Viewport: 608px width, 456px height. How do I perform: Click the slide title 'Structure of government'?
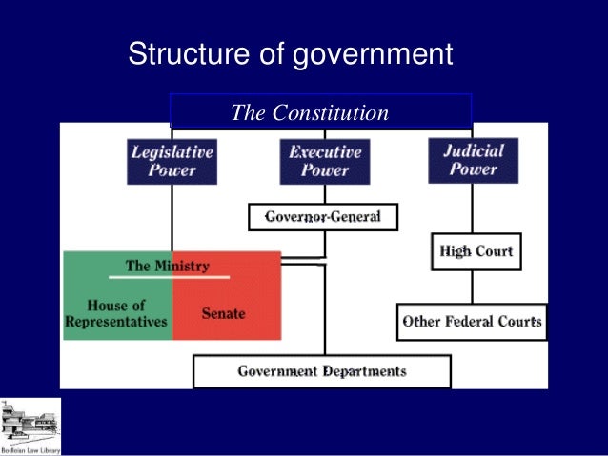(290, 54)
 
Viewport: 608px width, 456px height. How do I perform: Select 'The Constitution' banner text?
(310, 113)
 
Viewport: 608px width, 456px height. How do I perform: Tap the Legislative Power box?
(172, 161)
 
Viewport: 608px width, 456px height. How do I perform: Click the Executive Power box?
(325, 161)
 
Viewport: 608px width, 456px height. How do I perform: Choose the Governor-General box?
(322, 217)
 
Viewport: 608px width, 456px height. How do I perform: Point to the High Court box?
(476, 252)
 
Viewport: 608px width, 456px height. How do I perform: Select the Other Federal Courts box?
(472, 321)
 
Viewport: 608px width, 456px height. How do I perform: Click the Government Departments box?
(321, 371)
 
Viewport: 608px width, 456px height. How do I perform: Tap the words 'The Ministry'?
(167, 266)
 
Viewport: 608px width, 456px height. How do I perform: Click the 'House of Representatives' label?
(116, 313)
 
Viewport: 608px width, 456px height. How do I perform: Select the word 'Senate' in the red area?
(223, 313)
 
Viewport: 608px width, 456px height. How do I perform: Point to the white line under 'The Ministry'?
(169, 277)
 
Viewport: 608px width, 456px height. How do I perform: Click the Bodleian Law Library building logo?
(30, 423)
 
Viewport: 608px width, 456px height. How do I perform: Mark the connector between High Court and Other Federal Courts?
(473, 287)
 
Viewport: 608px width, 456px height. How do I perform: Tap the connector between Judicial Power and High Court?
(473, 208)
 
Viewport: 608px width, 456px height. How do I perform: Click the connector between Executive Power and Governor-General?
(325, 194)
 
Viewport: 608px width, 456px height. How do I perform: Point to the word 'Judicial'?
(473, 149)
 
